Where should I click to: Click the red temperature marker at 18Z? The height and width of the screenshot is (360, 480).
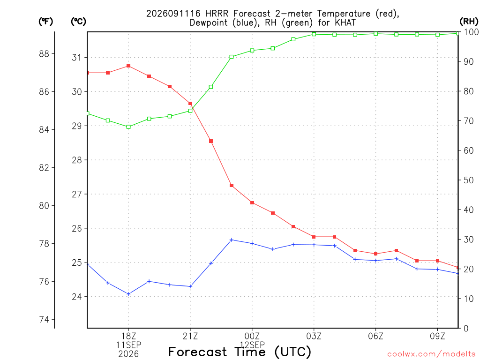[128, 66]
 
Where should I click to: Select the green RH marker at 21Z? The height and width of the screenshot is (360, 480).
[190, 111]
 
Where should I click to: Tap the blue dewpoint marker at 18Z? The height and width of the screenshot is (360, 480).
[128, 294]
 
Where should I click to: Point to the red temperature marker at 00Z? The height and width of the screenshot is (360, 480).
[252, 202]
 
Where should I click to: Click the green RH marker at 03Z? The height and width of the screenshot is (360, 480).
[314, 34]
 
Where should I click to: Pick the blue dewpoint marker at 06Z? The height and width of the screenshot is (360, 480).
[376, 261]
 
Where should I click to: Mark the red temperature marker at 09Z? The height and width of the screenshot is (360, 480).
[438, 261]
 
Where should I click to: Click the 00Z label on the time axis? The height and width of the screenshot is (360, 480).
[252, 336]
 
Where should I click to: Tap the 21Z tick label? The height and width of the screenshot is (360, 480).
[190, 336]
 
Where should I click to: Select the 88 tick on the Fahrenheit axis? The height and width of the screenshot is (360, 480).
[44, 54]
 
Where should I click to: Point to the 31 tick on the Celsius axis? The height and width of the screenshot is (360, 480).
[77, 58]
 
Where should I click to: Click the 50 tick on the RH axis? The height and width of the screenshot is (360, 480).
[469, 180]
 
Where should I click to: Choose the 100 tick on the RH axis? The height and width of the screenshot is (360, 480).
[472, 32]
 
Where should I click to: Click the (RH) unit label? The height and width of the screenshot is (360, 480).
[469, 22]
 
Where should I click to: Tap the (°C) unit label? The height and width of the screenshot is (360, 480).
[78, 22]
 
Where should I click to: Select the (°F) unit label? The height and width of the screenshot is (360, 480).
[45, 22]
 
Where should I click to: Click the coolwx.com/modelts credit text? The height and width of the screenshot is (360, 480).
[431, 354]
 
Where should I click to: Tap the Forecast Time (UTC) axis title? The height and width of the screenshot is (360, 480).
[240, 352]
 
